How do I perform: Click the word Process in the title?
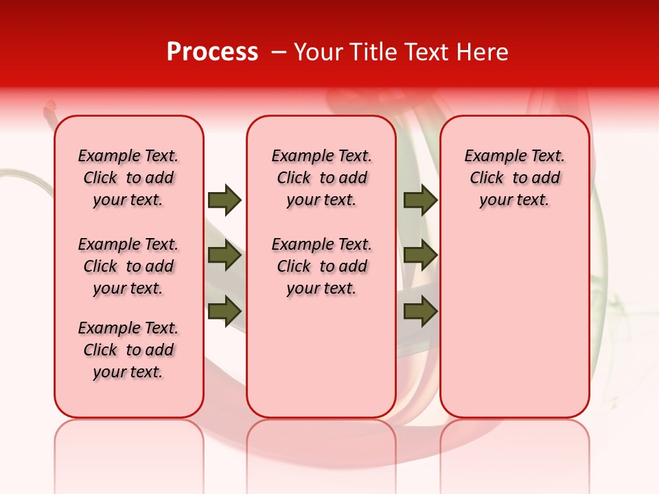[212, 52]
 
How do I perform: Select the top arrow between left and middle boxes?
[224, 200]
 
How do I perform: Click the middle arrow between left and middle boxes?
[224, 255]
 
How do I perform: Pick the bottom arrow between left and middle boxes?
[224, 310]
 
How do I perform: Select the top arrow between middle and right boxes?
[420, 200]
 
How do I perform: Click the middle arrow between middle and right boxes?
[420, 255]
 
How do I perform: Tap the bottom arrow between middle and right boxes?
[420, 310]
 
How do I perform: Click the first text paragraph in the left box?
[128, 178]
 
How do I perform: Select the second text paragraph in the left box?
[128, 266]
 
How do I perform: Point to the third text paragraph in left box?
[128, 350]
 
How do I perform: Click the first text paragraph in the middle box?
[321, 178]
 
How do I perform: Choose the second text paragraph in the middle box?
[321, 266]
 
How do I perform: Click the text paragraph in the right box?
[514, 178]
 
